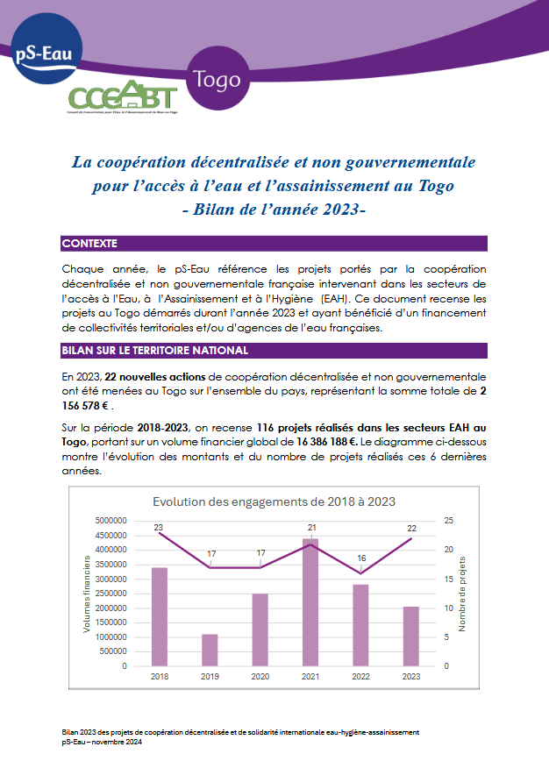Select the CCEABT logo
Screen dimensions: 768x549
123,96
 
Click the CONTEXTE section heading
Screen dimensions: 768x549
90,243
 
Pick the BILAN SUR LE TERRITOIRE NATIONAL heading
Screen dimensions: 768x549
155,351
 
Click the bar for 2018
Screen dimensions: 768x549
160,616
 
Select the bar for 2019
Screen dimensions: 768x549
210,650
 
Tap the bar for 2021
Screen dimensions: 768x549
310,602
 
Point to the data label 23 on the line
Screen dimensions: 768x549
159,527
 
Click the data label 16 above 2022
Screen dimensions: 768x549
361,558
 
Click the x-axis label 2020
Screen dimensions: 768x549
260,677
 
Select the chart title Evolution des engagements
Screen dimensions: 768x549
274,501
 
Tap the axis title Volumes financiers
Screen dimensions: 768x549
88,594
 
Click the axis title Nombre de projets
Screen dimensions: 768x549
463,594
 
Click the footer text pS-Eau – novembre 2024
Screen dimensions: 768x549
102,742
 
